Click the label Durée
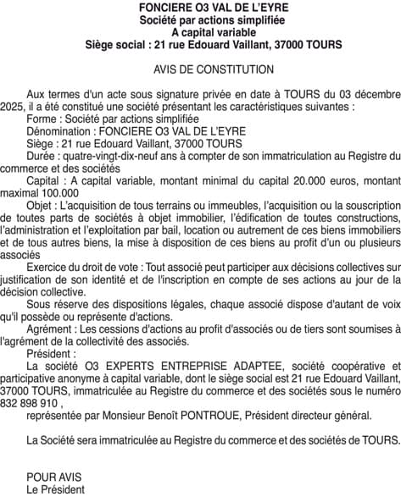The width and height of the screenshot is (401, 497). [42, 156]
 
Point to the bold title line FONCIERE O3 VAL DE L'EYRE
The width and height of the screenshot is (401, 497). [200, 7]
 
